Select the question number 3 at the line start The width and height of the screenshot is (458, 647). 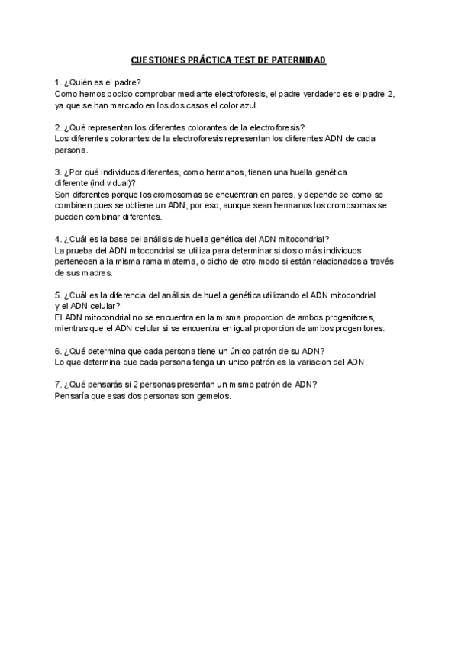point(57,172)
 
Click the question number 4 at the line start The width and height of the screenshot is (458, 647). point(57,239)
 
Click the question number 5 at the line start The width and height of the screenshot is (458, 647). point(57,295)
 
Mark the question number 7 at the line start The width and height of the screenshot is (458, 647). point(57,385)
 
